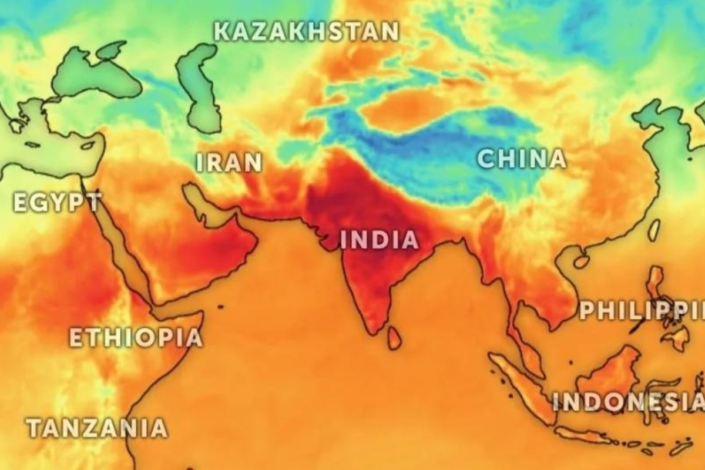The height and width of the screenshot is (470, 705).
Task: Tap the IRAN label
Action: point(229,163)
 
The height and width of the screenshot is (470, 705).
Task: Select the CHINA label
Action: point(522,159)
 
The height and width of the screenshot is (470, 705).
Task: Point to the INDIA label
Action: point(380,240)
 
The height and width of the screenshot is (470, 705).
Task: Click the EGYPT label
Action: point(57,203)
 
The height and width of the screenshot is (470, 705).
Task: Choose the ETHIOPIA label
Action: point(136,337)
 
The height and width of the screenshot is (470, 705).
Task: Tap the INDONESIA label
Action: point(627,402)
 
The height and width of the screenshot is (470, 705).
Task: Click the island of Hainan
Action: point(581,259)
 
